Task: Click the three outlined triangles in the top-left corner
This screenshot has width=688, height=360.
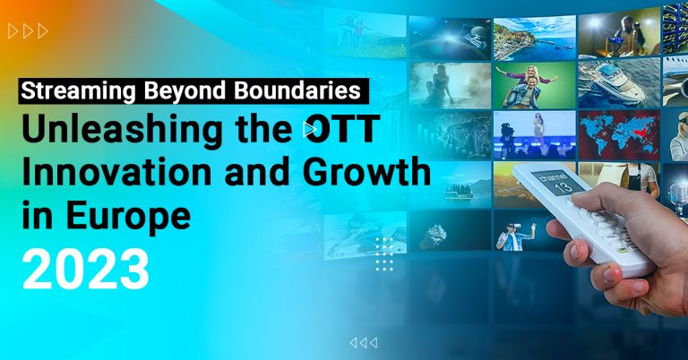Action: [28, 31]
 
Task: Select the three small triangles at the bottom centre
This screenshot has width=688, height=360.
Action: [363, 342]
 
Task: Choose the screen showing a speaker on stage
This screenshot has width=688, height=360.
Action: [533, 134]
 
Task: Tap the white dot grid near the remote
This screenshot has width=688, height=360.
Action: [385, 253]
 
